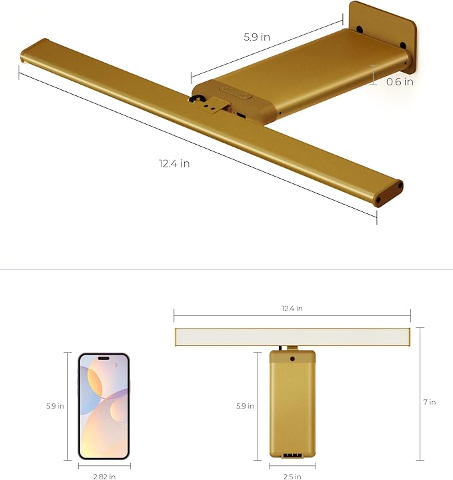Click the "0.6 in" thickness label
pos(400,82)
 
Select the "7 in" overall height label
pos(430,401)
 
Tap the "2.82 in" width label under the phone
pos(104,476)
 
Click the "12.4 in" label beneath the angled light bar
pos(174,163)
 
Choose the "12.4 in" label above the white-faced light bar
pos(292,309)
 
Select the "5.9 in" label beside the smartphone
pos(55,405)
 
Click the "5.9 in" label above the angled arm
pos(256,38)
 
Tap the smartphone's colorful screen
pos(103,406)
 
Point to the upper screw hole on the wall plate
pos(360,29)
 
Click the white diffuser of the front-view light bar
pos(292,337)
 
